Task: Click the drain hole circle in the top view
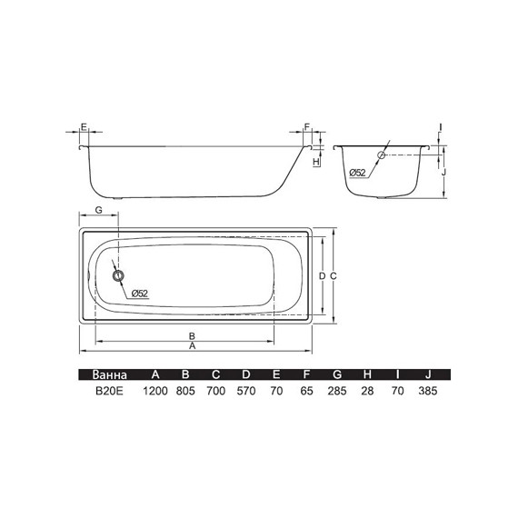coord(118,275)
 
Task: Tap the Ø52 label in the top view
coord(140,294)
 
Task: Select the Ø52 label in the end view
coord(358,173)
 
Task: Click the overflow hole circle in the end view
coord(382,154)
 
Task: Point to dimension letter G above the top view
coord(98,210)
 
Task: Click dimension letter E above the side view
coord(84,127)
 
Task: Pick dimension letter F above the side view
coord(307,127)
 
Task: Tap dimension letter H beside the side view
coord(316,162)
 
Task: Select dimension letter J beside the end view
coord(444,172)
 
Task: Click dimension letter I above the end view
coord(441,127)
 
